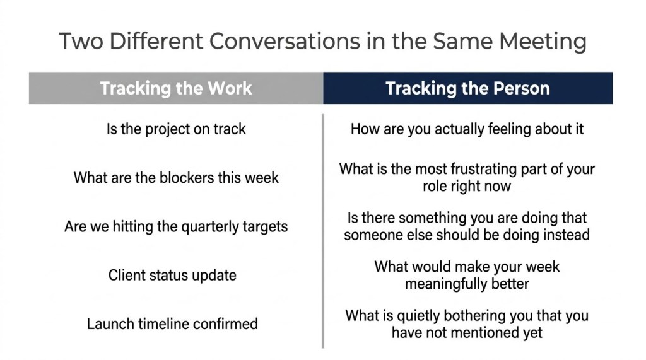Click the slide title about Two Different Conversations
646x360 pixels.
coord(322,41)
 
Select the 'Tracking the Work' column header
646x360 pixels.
coord(176,88)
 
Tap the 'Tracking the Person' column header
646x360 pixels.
coord(468,88)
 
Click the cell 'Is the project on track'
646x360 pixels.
coord(176,129)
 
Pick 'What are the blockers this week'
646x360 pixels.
coord(176,178)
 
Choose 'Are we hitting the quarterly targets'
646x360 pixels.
coord(176,227)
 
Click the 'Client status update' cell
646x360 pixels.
coord(172,275)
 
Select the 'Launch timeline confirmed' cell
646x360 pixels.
coord(172,324)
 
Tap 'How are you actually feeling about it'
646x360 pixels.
coord(467,129)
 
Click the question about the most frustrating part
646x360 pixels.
coord(467,178)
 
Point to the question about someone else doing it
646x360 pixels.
coord(467,226)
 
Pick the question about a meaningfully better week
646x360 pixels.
coord(467,275)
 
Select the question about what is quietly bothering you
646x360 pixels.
coord(467,324)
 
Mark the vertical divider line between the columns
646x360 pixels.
coord(323,231)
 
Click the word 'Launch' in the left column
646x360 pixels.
coord(110,324)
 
